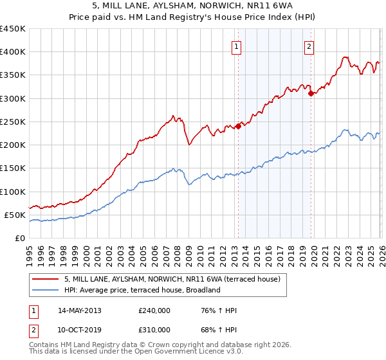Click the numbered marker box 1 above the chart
coord(237,46)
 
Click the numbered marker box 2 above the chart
coord(309,46)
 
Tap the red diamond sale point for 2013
coord(237,126)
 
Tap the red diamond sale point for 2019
coord(311,93)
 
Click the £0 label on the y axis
coord(19,238)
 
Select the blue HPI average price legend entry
coord(142,290)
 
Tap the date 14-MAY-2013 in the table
coord(80,310)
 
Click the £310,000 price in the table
coord(154,329)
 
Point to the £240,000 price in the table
coord(154,310)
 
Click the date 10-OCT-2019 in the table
coord(80,329)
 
